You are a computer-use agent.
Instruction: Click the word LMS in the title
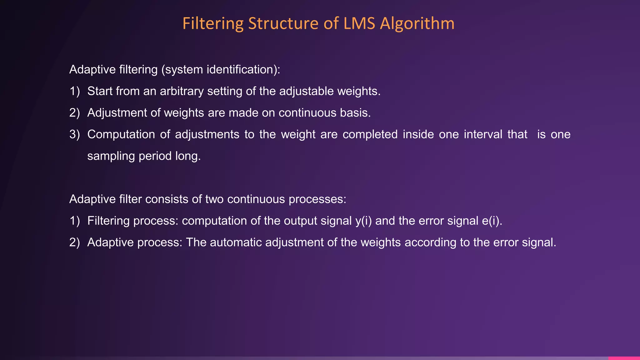[x=359, y=23]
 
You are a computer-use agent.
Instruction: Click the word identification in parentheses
[x=240, y=69]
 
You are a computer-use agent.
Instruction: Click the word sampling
[x=111, y=156]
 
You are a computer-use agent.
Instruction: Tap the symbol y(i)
[x=363, y=221]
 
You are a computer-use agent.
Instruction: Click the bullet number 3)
[x=75, y=134]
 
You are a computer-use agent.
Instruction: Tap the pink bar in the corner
[x=624, y=358]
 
